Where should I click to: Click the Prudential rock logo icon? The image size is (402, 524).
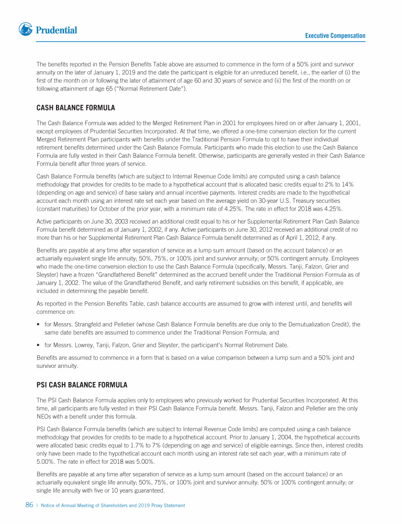[x=25, y=30]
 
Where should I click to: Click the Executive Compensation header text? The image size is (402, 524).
[x=335, y=36]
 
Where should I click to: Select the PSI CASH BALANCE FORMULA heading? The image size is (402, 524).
[x=82, y=385]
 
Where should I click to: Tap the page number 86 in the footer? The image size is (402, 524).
[x=29, y=505]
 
